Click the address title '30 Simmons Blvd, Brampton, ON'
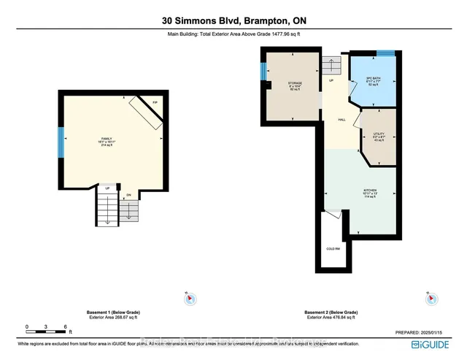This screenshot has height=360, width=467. (233, 20)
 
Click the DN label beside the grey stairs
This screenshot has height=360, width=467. (128, 195)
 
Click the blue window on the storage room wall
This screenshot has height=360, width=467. (263, 72)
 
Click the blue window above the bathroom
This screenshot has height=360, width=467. (385, 53)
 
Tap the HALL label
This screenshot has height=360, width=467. (340, 120)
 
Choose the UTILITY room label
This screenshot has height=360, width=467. (379, 134)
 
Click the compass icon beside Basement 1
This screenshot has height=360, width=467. (187, 297)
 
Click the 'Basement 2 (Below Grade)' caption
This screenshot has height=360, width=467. (331, 312)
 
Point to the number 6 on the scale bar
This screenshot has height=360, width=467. (65, 326)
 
